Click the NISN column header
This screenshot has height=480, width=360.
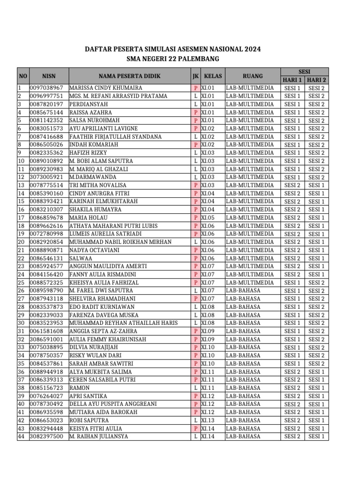pyautogui.click(x=49, y=75)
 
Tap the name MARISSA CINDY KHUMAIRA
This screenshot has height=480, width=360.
pyautogui.click(x=105, y=88)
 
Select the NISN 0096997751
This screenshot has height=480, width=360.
pyautogui.click(x=46, y=96)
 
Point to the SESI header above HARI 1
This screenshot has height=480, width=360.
pyautogui.click(x=304, y=71)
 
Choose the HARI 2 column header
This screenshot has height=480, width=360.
pyautogui.click(x=317, y=80)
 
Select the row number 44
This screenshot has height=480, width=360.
pyautogui.click(x=21, y=437)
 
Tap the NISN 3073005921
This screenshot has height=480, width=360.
pyautogui.click(x=46, y=177)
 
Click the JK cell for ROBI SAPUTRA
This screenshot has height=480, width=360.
pyautogui.click(x=195, y=420)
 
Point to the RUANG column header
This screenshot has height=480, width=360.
pyautogui.click(x=252, y=75)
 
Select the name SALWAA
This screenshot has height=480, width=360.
pyautogui.click(x=81, y=258)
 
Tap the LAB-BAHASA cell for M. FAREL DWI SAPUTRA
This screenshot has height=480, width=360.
pyautogui.click(x=243, y=291)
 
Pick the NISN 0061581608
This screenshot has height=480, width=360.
pyautogui.click(x=46, y=331)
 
